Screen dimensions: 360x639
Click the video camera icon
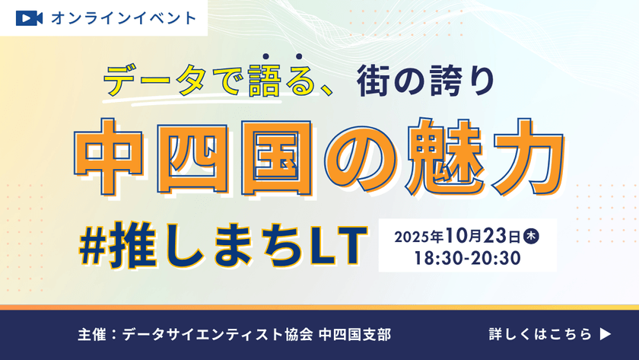pos(28,18)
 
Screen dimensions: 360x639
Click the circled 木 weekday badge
pos(532,235)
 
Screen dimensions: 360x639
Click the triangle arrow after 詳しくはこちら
pos(606,333)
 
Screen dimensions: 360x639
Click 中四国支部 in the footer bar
pos(355,334)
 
